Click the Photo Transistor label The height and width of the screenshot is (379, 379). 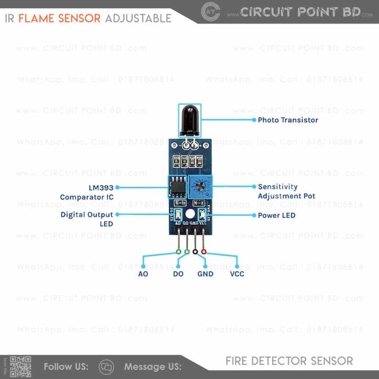coord(287,120)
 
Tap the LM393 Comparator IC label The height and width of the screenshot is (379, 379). coord(87,192)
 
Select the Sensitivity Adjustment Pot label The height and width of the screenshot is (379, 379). coord(286,192)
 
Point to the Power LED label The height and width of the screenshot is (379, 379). coord(276,215)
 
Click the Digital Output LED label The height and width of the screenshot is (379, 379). coord(87,219)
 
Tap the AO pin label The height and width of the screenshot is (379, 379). coord(143,274)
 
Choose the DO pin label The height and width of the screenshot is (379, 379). coord(178,274)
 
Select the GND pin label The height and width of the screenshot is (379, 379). coord(205,274)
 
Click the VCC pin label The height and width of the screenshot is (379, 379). coord(237,274)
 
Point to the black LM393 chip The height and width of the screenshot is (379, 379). coord(178,187)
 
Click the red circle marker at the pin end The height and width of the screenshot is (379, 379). coord(204,252)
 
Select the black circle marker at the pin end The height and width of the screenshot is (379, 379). coord(195,252)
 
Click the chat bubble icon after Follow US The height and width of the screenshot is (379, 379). coord(106,366)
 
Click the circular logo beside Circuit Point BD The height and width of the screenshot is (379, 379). coord(211,12)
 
